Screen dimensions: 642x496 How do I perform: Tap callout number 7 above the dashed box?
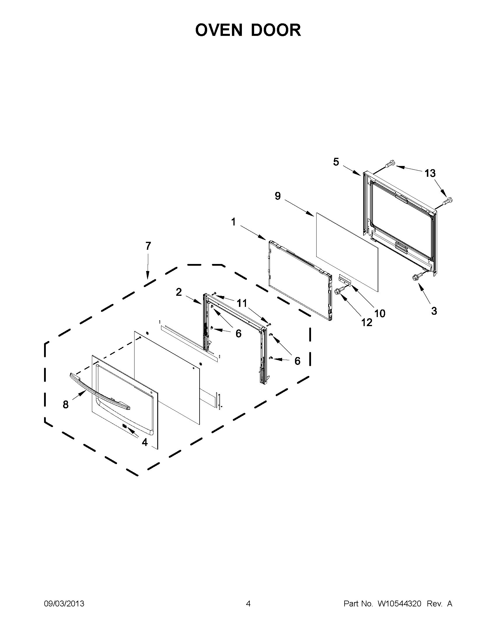tap(148, 246)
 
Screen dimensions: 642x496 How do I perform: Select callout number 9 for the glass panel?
tap(278, 196)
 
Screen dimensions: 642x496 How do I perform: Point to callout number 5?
tap(336, 162)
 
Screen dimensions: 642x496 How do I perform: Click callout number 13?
tap(430, 174)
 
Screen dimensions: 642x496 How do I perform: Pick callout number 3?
tap(434, 311)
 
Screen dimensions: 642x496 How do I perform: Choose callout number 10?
tap(380, 314)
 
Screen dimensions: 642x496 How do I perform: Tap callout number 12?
tap(366, 323)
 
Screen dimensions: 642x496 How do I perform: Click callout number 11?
tap(242, 303)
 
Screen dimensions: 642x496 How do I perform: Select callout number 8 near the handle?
tap(66, 405)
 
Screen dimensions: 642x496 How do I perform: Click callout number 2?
tap(179, 292)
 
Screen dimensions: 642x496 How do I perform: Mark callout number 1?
tap(233, 222)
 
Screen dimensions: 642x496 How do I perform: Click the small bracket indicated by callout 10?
tap(345, 278)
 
